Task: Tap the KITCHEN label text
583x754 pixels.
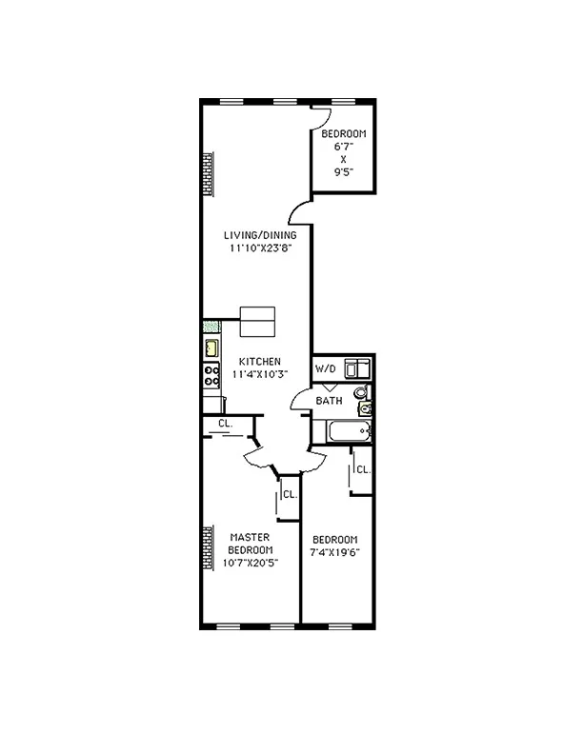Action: [x=258, y=361]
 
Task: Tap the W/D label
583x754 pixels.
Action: [x=326, y=368]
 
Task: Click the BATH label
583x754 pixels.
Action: [x=330, y=401]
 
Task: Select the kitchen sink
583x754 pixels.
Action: [x=211, y=348]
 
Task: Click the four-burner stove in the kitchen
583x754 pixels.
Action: [x=211, y=375]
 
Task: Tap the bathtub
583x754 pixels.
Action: [x=343, y=431]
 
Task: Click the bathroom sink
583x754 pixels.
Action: [x=365, y=409]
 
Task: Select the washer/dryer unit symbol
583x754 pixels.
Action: [x=357, y=367]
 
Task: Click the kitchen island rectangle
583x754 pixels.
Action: [x=257, y=322]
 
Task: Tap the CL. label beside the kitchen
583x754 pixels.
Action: [x=225, y=423]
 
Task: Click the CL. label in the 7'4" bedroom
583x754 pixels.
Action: [x=363, y=469]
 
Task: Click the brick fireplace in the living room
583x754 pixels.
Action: [x=207, y=174]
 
